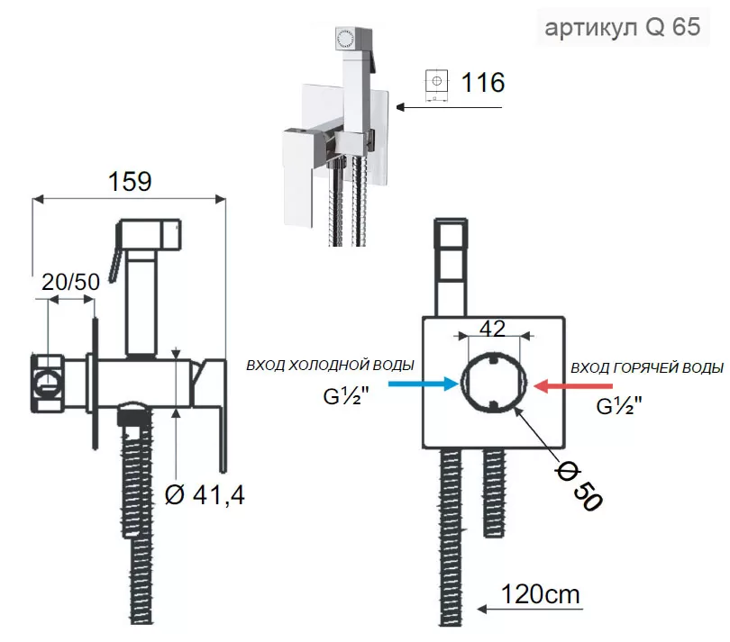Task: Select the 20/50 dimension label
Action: pos(71,281)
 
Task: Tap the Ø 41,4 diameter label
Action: pos(205,494)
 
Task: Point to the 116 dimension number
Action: pos(483,83)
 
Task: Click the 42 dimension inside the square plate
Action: pos(491,329)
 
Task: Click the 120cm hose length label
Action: pos(542,594)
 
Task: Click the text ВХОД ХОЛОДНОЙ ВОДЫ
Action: pos(331,366)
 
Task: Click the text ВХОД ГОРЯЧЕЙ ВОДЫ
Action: pos(646,367)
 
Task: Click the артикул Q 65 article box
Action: pos(622,27)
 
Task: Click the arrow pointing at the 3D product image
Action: pos(449,107)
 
